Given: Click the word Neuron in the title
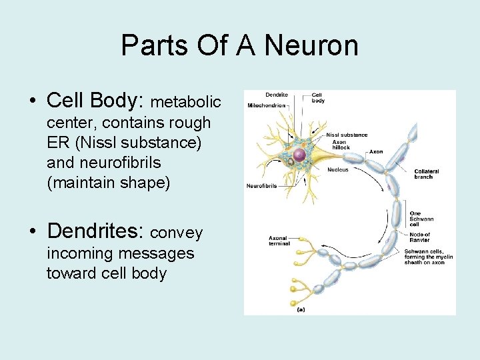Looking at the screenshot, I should click(x=311, y=45).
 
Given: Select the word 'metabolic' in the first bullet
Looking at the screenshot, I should click(x=186, y=103).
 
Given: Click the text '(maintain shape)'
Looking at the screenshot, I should click(x=109, y=183).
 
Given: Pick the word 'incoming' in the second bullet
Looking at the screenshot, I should click(x=76, y=253).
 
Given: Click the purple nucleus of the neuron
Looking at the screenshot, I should click(x=299, y=155).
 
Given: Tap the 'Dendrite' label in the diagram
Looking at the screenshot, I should click(x=276, y=95).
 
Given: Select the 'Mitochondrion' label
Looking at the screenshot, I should click(x=267, y=105).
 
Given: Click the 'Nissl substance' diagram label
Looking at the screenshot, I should click(x=347, y=135).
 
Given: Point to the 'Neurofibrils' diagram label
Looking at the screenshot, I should click(x=262, y=185).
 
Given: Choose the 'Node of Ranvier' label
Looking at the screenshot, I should click(x=419, y=237).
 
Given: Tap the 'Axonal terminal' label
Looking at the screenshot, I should click(x=279, y=241).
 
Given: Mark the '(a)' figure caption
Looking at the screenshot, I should click(x=301, y=309).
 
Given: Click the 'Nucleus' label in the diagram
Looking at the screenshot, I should click(x=337, y=169).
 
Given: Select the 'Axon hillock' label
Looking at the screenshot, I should click(x=341, y=145).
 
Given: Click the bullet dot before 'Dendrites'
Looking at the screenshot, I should click(x=33, y=233).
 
